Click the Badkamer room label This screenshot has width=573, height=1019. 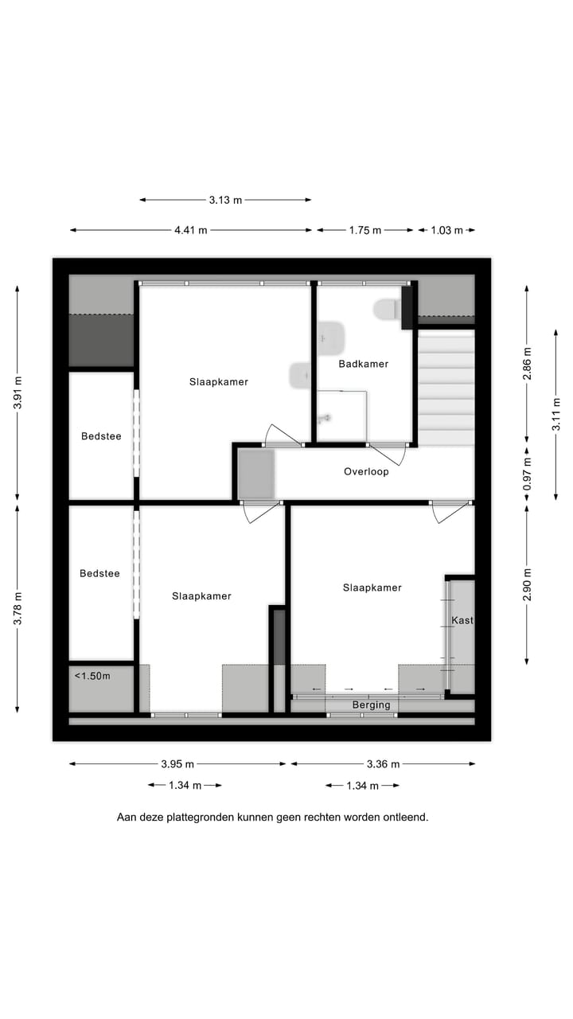click(x=363, y=364)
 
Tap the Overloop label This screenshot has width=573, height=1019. click(x=366, y=471)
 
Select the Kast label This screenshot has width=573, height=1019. click(x=462, y=620)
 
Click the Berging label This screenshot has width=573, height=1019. click(x=372, y=705)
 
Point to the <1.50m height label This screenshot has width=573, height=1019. click(x=92, y=676)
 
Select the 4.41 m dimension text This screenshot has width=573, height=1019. click(x=191, y=230)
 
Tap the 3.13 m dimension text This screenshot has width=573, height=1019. click(x=225, y=200)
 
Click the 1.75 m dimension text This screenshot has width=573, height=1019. click(x=365, y=230)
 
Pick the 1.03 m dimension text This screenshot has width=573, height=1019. click(x=446, y=230)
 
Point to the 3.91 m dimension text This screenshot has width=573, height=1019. click(x=18, y=392)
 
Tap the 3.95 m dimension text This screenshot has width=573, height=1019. click(x=177, y=763)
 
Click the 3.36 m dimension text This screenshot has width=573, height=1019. click(x=383, y=763)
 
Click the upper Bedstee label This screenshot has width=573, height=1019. click(x=101, y=436)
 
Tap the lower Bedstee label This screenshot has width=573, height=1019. click(x=99, y=573)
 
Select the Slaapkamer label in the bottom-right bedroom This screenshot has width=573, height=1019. click(x=372, y=588)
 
